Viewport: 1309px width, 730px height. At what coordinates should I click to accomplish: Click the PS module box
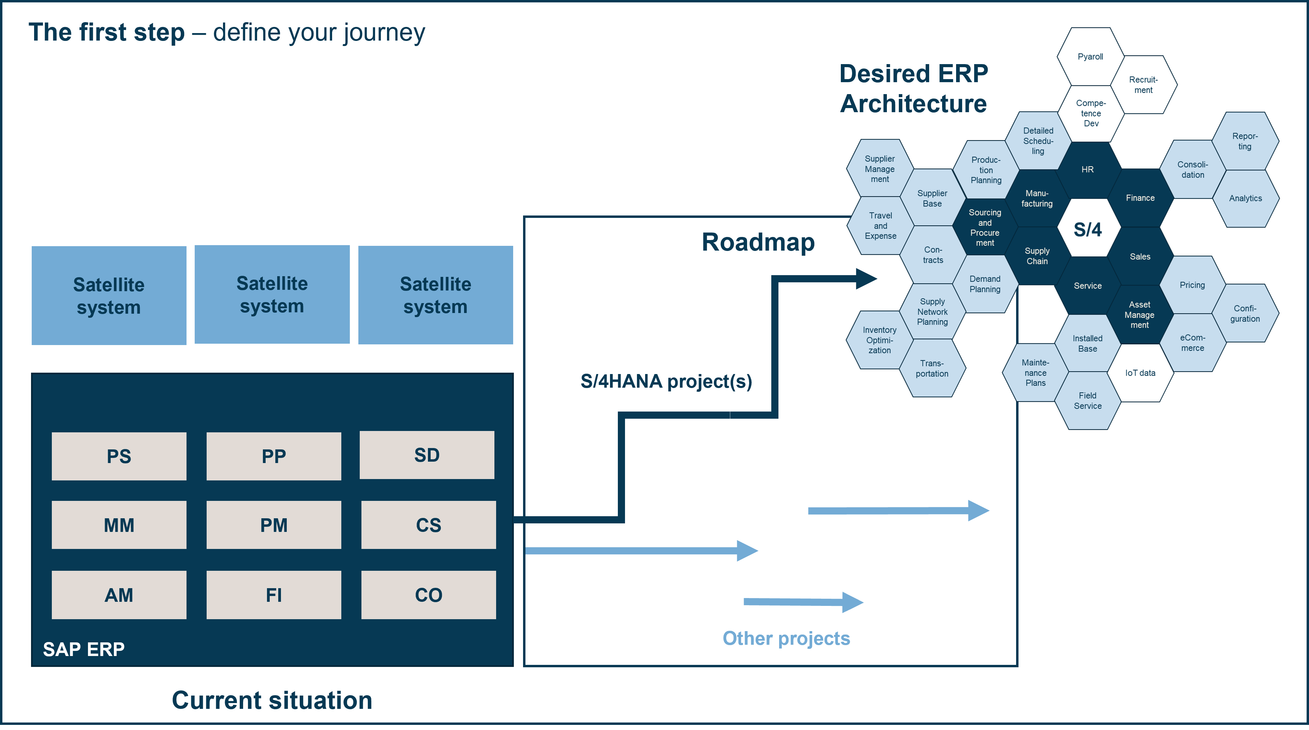tap(119, 456)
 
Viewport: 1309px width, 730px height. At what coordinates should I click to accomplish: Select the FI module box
tap(273, 595)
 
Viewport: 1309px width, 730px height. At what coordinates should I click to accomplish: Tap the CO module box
tap(428, 595)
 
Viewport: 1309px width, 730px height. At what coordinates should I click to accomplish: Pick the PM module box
tap(273, 525)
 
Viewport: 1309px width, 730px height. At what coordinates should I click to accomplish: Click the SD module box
tap(427, 455)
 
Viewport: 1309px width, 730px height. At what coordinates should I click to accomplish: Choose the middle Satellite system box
tap(272, 295)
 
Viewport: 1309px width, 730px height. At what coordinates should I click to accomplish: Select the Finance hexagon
tap(1140, 198)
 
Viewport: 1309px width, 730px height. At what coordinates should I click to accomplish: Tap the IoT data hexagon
tap(1140, 373)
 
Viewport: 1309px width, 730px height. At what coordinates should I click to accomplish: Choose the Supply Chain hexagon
tap(1037, 256)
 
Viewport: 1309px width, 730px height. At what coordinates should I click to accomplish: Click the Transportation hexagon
tap(932, 368)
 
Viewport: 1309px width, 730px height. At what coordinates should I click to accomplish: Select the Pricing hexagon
tap(1192, 285)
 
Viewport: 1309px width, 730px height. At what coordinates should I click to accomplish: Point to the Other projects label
tap(786, 639)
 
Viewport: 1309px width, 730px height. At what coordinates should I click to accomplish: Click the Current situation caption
tap(272, 700)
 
